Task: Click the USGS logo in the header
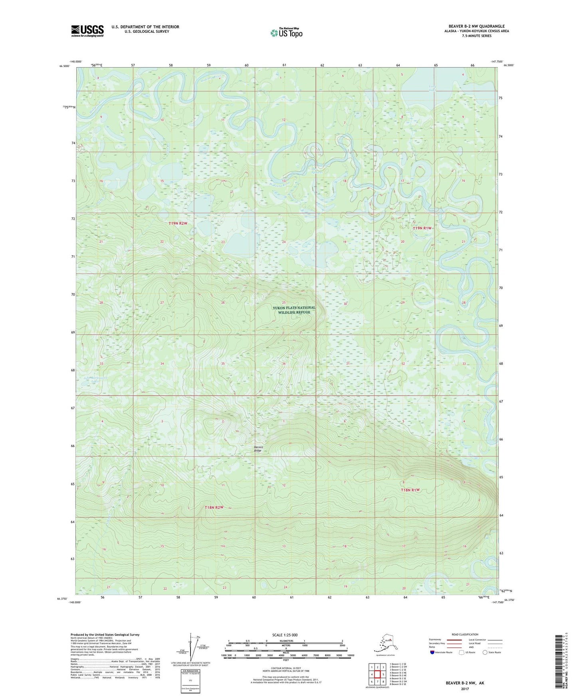87,31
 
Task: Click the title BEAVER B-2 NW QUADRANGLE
476,26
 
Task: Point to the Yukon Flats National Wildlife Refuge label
294,310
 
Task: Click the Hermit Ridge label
258,449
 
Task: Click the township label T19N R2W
178,223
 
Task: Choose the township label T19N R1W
422,228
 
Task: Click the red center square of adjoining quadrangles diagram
377,674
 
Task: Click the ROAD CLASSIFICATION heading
465,634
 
